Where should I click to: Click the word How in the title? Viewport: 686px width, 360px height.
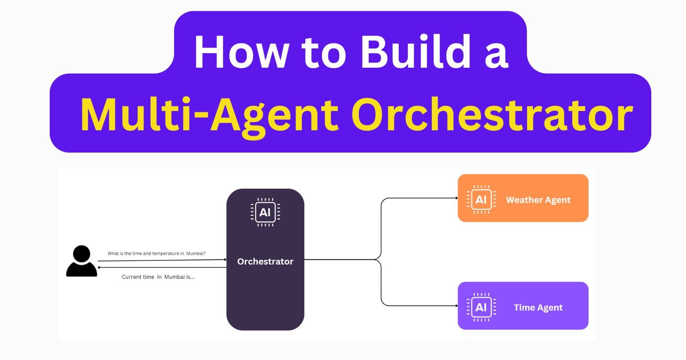click(x=241, y=52)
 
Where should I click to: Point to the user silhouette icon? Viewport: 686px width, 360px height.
click(x=81, y=261)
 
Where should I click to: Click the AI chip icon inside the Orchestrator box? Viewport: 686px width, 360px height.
click(x=265, y=212)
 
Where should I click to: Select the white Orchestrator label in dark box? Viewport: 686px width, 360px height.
click(x=265, y=261)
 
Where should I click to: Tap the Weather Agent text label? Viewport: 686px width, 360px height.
click(x=538, y=200)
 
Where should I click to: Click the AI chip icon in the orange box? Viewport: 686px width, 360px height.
click(x=481, y=199)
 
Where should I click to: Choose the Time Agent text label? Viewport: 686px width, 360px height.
click(x=538, y=307)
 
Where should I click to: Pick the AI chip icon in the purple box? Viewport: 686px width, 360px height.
click(x=481, y=307)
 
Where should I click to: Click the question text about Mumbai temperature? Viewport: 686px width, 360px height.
click(x=156, y=253)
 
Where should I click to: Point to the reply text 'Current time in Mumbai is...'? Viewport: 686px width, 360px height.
click(x=158, y=277)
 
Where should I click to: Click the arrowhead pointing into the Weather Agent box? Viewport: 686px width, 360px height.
click(x=456, y=198)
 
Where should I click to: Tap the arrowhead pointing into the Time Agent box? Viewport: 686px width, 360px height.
click(x=456, y=306)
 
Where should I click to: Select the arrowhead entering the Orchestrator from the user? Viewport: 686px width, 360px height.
click(x=225, y=260)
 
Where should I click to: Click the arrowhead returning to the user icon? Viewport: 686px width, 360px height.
click(x=99, y=267)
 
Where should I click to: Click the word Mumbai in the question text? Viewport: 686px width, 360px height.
click(x=196, y=253)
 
